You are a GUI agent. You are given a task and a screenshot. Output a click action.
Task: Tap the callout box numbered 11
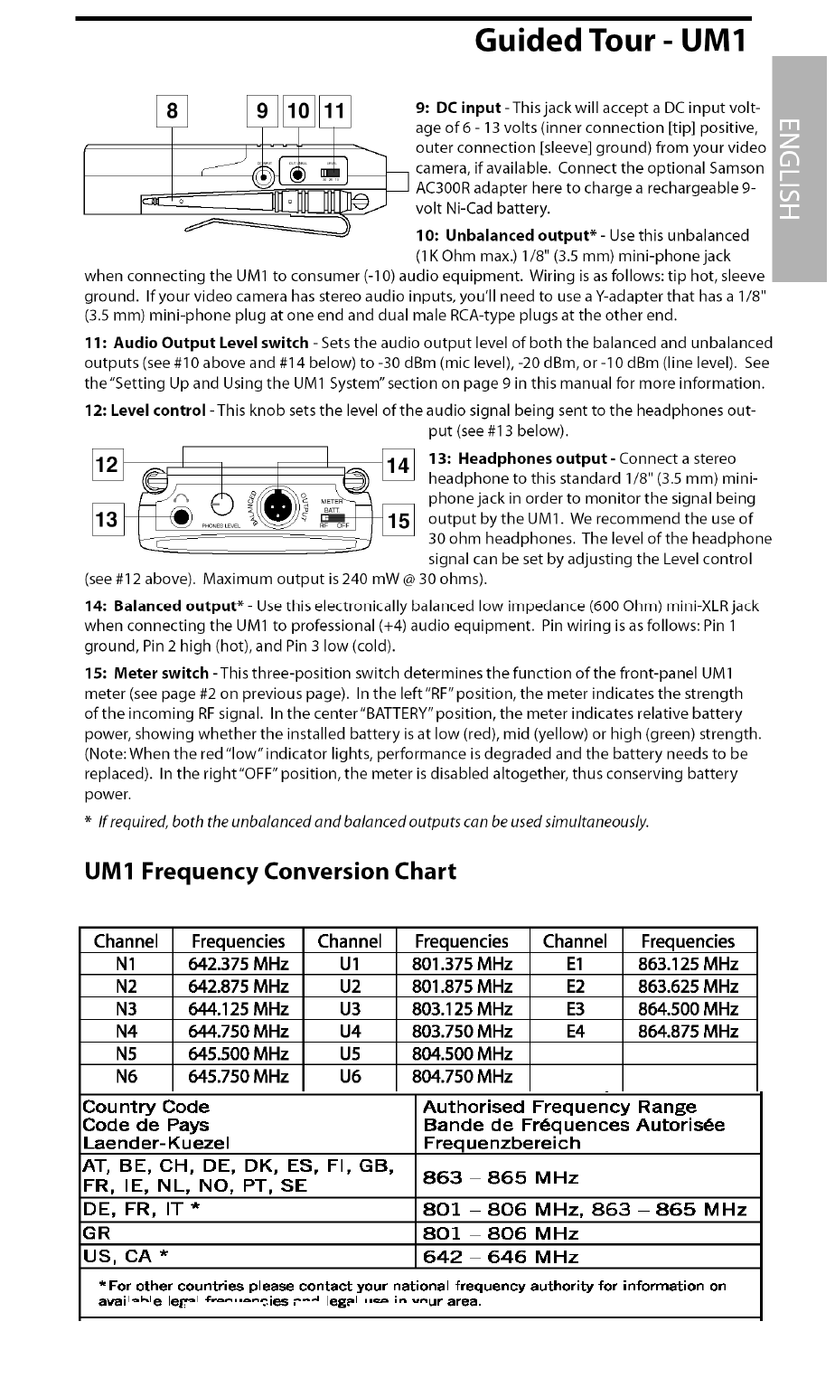pyautogui.click(x=334, y=111)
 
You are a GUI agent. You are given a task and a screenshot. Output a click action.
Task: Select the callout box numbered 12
pyautogui.click(x=107, y=465)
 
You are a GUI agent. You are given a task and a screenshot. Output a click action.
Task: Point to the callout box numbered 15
pyautogui.click(x=398, y=520)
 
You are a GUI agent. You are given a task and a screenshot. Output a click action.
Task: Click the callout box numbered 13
pyautogui.click(x=107, y=520)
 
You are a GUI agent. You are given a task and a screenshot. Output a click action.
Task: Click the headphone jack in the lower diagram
pyautogui.click(x=183, y=517)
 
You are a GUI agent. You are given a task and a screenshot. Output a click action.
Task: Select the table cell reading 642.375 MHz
pyautogui.click(x=239, y=964)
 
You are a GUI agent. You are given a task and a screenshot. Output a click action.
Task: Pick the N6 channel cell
pyautogui.click(x=126, y=1076)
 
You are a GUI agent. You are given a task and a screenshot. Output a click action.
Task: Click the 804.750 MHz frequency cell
pyautogui.click(x=462, y=1076)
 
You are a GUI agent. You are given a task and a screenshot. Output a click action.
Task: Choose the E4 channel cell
pyautogui.click(x=576, y=1031)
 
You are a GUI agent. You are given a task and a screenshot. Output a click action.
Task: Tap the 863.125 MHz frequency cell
pyautogui.click(x=689, y=964)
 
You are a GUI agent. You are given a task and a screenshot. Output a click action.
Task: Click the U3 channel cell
pyautogui.click(x=350, y=1009)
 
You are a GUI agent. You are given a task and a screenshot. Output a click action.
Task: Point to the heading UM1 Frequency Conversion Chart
pyautogui.click(x=270, y=872)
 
